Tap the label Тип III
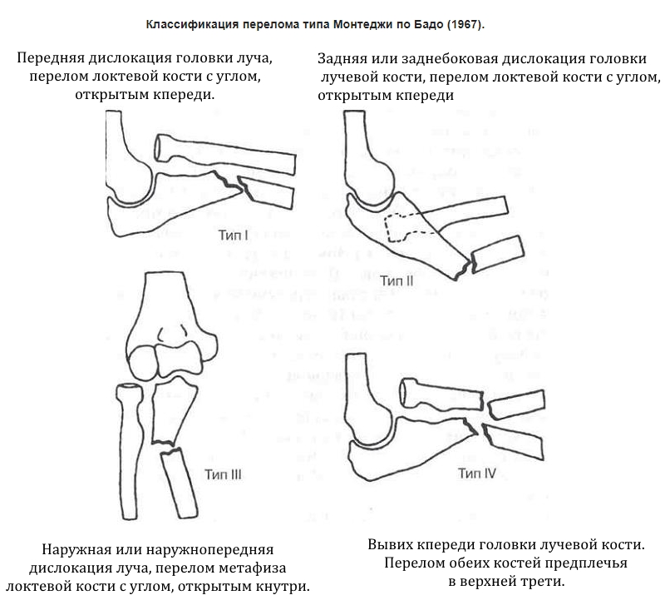click(x=223, y=475)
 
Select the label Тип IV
click(x=476, y=474)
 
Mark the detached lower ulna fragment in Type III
click(x=180, y=484)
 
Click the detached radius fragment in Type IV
click(x=515, y=405)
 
